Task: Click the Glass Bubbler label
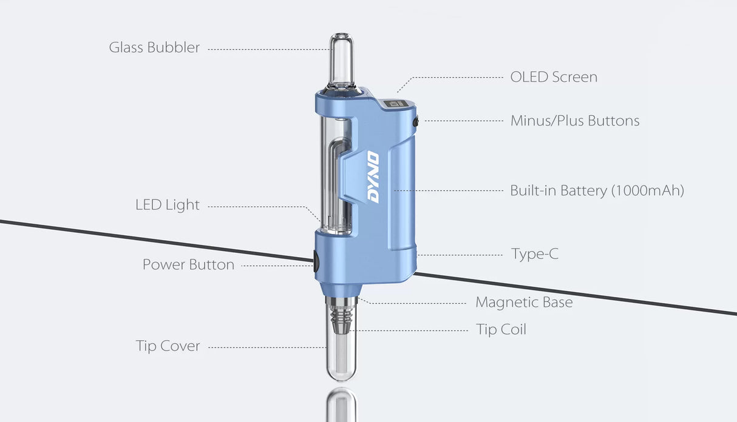pyautogui.click(x=154, y=47)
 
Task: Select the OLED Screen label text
pyautogui.click(x=553, y=77)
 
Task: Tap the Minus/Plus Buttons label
pyautogui.click(x=574, y=121)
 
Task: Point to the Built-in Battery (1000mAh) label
pyautogui.click(x=597, y=190)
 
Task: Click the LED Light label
pyautogui.click(x=167, y=205)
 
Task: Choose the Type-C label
pyautogui.click(x=534, y=254)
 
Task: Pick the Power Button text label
pyautogui.click(x=188, y=265)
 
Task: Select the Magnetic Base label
pyautogui.click(x=523, y=302)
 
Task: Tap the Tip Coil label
pyautogui.click(x=501, y=330)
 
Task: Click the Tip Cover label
pyautogui.click(x=168, y=346)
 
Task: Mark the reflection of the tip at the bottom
pyautogui.click(x=341, y=405)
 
